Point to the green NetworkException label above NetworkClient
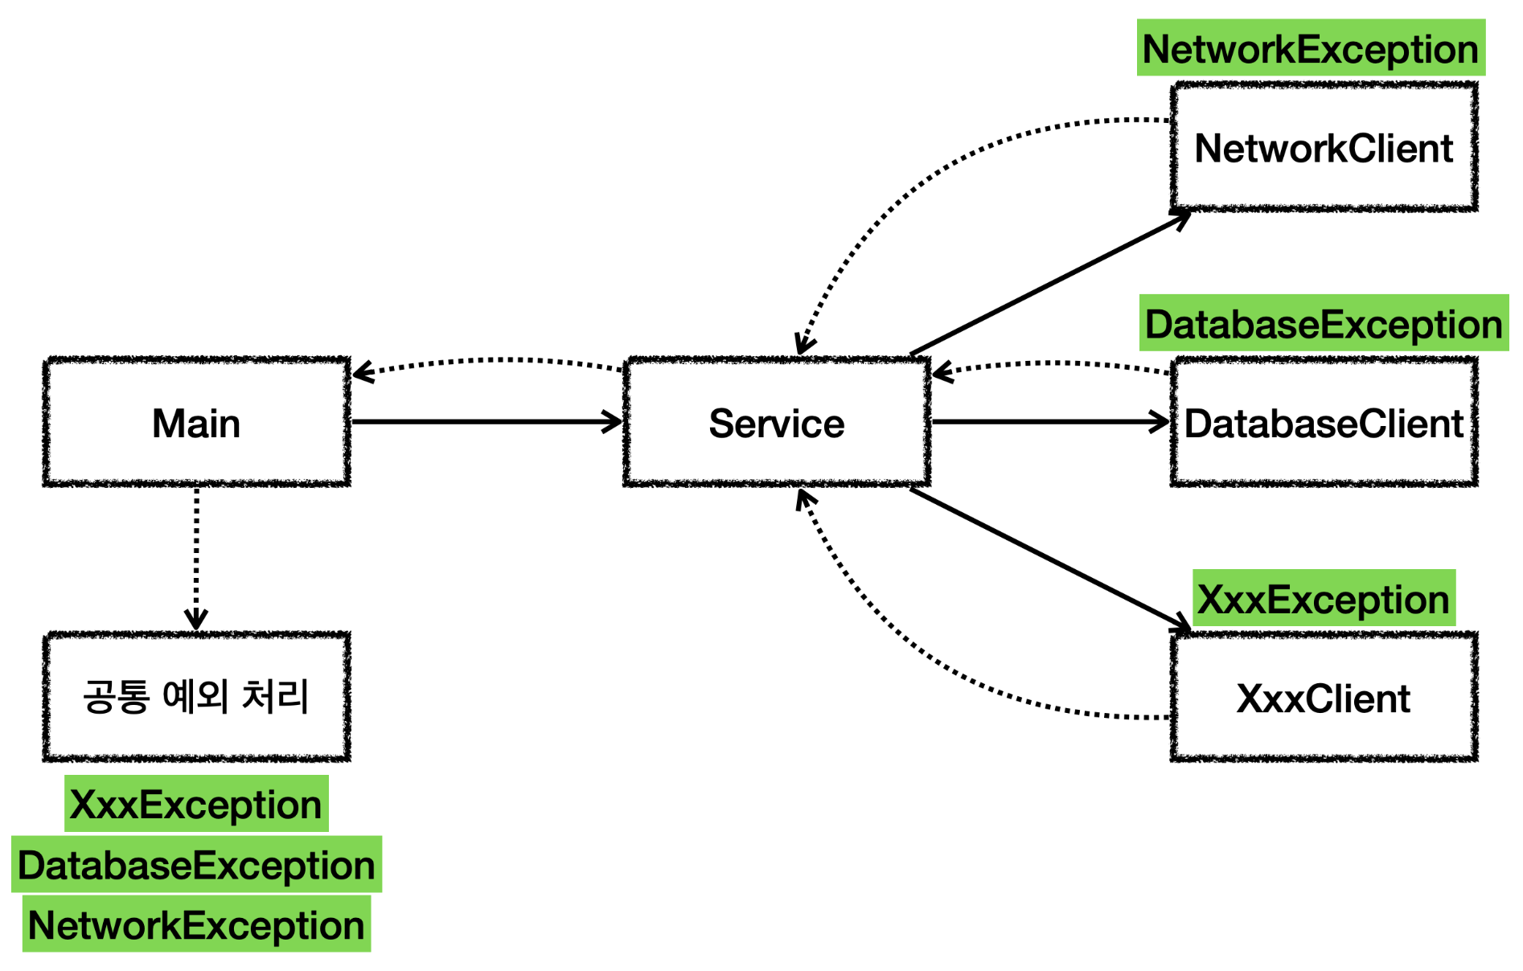pos(1311,48)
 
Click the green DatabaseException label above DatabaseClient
pos(1324,323)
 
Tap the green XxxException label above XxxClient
pos(1324,598)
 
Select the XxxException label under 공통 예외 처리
pos(196,804)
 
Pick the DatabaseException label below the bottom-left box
pos(196,864)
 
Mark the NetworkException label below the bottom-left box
pos(196,924)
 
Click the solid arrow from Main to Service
pos(487,421)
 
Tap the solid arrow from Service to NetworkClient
pos(1050,282)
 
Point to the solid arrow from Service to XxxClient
pos(1050,560)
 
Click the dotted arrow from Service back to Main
pos(487,360)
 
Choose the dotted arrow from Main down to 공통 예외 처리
pos(196,559)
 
